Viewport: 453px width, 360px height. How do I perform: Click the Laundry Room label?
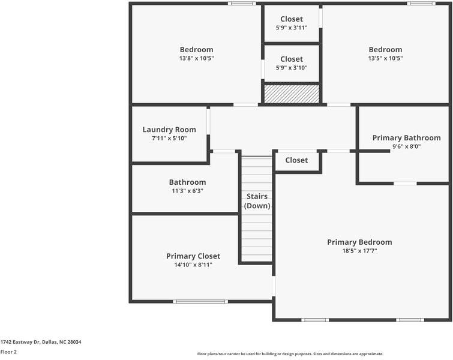coord(169,130)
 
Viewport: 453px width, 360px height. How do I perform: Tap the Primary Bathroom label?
coord(406,138)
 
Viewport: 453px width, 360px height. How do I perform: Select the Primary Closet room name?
coord(193,256)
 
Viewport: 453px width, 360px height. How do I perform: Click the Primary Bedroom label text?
coord(359,242)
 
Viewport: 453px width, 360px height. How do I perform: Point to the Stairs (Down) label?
coord(257,201)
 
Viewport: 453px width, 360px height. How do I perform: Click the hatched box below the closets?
coord(292,94)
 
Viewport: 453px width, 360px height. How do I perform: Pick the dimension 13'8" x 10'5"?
coord(196,59)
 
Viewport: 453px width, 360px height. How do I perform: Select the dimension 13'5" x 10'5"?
coord(385,59)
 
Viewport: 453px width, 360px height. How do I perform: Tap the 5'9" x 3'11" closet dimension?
coord(292,28)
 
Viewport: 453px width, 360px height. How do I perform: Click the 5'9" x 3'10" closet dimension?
coord(292,68)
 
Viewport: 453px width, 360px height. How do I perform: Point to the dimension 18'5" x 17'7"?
coord(359,251)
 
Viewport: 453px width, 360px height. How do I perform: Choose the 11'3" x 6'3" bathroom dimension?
coord(187,191)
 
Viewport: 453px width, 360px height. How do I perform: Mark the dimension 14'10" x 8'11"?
coord(193,265)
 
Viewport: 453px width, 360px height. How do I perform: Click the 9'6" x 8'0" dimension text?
coord(406,146)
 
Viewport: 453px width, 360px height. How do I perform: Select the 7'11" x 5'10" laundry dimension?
coord(169,139)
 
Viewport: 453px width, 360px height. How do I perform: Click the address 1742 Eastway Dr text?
coord(41,342)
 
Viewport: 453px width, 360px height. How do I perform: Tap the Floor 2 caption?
coord(9,352)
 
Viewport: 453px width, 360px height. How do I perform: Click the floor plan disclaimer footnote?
coord(290,354)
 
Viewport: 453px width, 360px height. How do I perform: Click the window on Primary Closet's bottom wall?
coord(200,301)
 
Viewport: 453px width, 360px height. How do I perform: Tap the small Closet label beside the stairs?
coord(296,160)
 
